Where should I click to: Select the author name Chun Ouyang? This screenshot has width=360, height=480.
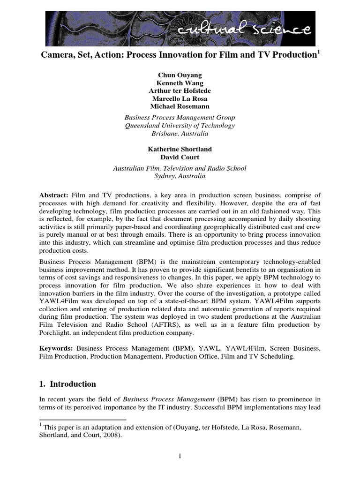[180, 75]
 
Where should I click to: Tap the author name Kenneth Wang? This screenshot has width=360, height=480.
[180, 82]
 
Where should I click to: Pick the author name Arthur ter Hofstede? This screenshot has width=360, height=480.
[180, 90]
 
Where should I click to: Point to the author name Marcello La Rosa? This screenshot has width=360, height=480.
[180, 98]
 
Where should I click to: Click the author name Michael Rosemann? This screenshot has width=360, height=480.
[180, 106]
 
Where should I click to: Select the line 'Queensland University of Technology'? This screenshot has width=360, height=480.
[180, 126]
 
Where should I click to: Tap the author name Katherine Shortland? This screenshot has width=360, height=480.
[180, 149]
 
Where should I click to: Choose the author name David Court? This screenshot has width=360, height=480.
[180, 157]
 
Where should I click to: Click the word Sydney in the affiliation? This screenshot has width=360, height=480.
[165, 176]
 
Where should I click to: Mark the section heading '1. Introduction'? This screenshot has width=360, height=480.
[67, 384]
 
